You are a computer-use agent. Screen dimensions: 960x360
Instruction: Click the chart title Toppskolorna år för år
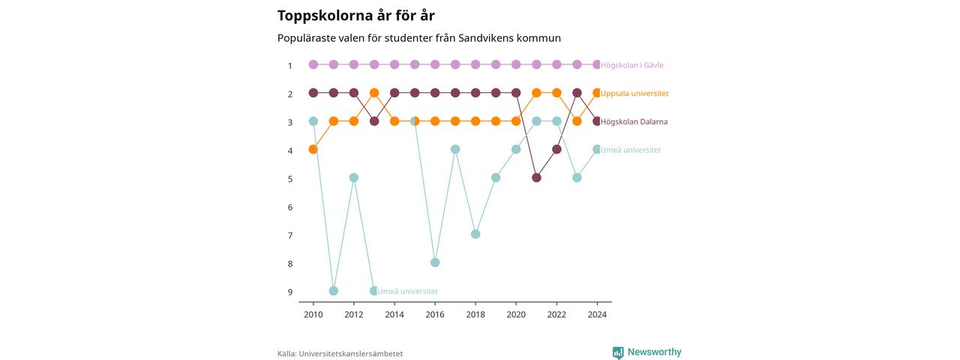pyautogui.click(x=355, y=16)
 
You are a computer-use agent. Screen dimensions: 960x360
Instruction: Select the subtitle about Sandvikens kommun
pyautogui.click(x=419, y=38)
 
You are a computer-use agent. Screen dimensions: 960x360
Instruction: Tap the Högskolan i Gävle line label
pyautogui.click(x=631, y=65)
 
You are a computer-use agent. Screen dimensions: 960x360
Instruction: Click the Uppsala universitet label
pyautogui.click(x=634, y=94)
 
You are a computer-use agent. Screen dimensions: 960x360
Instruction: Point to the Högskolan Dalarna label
pyautogui.click(x=634, y=121)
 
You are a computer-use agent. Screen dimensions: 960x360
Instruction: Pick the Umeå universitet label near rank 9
pyautogui.click(x=407, y=292)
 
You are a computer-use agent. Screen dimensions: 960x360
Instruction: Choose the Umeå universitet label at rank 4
pyautogui.click(x=631, y=150)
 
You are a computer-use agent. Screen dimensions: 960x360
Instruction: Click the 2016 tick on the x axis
pyautogui.click(x=435, y=314)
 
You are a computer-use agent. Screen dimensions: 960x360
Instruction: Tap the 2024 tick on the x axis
pyautogui.click(x=597, y=314)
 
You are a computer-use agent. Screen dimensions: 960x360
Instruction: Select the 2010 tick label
pyautogui.click(x=313, y=314)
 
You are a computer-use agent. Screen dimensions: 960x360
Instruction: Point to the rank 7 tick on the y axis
pyautogui.click(x=290, y=235)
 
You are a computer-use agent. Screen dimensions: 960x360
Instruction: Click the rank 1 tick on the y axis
pyautogui.click(x=290, y=66)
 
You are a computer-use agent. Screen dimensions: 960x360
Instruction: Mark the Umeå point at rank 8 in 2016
pyautogui.click(x=435, y=262)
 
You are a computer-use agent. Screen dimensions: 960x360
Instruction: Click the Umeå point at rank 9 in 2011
pyautogui.click(x=334, y=291)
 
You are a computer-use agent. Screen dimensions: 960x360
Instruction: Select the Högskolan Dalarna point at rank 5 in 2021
pyautogui.click(x=536, y=178)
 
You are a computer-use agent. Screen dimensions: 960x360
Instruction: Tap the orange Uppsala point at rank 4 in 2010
pyautogui.click(x=313, y=149)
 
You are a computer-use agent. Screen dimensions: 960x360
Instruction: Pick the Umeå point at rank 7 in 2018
pyautogui.click(x=475, y=234)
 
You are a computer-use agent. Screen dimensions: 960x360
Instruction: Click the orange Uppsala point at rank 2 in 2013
pyautogui.click(x=374, y=92)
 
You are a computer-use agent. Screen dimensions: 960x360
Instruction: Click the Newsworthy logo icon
pyautogui.click(x=618, y=352)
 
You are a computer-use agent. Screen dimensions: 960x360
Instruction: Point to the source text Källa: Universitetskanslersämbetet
pyautogui.click(x=340, y=354)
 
